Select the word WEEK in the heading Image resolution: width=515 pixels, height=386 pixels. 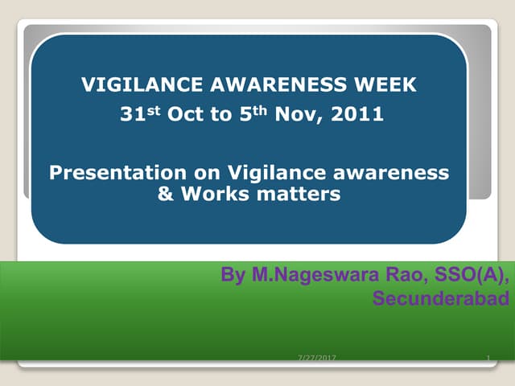click(x=389, y=83)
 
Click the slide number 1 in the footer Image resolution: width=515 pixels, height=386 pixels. click(x=488, y=356)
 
